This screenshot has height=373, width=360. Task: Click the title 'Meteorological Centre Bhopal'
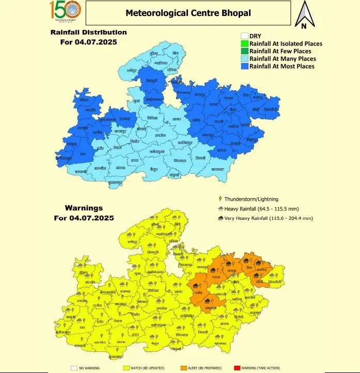click(x=188, y=13)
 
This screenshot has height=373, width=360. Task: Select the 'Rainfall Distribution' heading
click(x=88, y=32)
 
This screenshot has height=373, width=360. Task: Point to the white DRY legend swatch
click(x=244, y=36)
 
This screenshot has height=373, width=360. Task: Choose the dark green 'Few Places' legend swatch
click(x=244, y=51)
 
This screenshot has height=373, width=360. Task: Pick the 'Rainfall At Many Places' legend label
click(x=282, y=59)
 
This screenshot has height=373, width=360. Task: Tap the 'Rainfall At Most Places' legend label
click(x=281, y=66)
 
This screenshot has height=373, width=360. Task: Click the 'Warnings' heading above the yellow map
click(x=84, y=208)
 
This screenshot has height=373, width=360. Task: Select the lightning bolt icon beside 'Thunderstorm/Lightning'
click(x=221, y=199)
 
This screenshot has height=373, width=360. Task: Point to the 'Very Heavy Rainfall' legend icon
click(x=221, y=218)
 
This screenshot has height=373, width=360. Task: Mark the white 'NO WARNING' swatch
click(x=74, y=368)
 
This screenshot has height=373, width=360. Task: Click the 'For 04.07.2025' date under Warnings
click(x=84, y=218)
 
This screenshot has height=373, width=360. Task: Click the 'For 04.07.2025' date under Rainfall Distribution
click(x=89, y=42)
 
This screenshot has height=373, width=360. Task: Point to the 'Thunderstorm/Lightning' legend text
click(x=252, y=199)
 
